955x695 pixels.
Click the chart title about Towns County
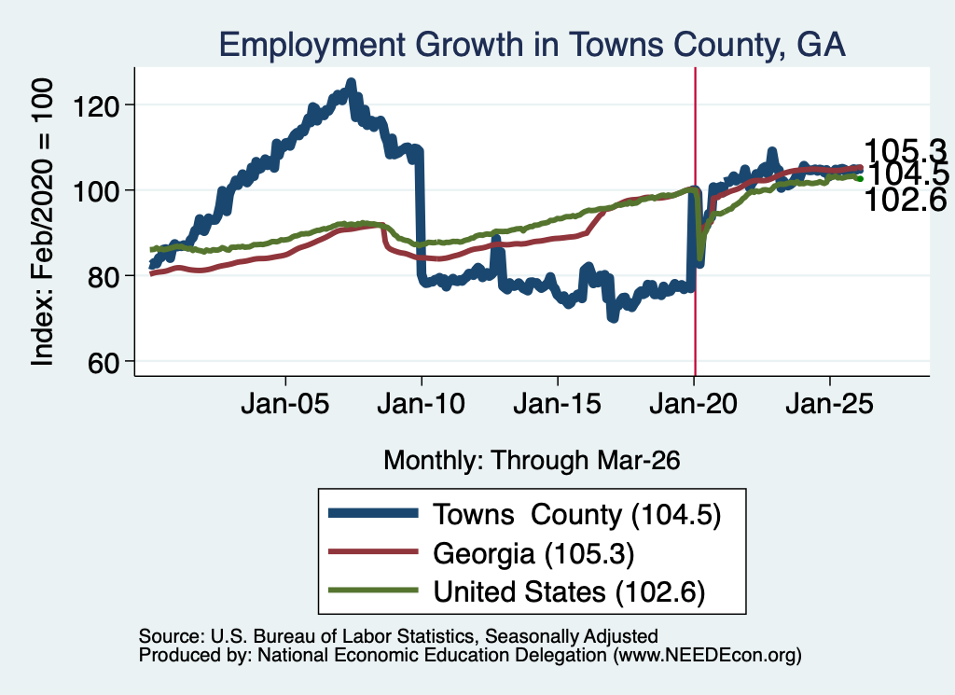click(x=532, y=45)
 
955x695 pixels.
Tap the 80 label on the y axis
click(x=103, y=278)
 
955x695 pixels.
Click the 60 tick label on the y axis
click(x=103, y=364)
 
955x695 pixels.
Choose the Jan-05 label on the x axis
click(x=285, y=404)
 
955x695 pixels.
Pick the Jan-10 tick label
click(x=421, y=404)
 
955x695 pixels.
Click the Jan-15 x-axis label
click(x=558, y=404)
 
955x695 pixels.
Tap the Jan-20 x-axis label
click(x=693, y=404)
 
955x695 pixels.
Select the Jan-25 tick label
click(x=829, y=404)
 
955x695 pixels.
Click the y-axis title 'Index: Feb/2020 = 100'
click(x=43, y=222)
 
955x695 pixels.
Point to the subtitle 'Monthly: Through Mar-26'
click(x=532, y=461)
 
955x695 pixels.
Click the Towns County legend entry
click(x=524, y=515)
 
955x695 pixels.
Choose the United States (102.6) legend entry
click(x=517, y=591)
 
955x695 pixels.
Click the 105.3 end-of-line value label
click(x=906, y=150)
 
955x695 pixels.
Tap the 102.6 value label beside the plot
click(x=906, y=200)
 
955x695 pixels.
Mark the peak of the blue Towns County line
click(x=351, y=82)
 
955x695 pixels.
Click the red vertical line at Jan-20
click(x=696, y=221)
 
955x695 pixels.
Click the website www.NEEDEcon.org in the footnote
click(x=707, y=656)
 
